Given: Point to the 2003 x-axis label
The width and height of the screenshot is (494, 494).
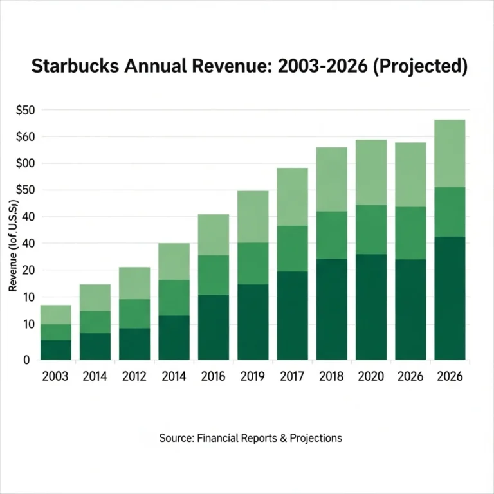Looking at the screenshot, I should click(x=55, y=376).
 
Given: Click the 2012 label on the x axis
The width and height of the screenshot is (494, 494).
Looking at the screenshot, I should click(x=134, y=376).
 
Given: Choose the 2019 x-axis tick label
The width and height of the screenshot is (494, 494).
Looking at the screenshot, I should click(x=253, y=376).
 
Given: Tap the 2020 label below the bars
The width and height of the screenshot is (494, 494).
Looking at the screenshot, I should click(x=371, y=376).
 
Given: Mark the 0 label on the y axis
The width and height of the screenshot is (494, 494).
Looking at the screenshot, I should click(x=26, y=360).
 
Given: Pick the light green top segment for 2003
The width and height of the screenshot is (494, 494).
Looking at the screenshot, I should click(x=55, y=315).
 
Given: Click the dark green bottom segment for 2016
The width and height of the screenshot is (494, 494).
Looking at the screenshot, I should click(x=214, y=327).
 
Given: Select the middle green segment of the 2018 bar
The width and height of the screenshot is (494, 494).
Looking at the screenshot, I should click(x=332, y=235).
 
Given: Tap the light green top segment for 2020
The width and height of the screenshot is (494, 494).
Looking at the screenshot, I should click(x=371, y=172).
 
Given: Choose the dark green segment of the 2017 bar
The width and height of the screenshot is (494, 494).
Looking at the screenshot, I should click(x=293, y=315).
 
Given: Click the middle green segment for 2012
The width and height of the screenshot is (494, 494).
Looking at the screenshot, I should click(x=134, y=313).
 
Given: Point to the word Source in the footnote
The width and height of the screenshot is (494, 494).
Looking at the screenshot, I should click(x=176, y=438).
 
